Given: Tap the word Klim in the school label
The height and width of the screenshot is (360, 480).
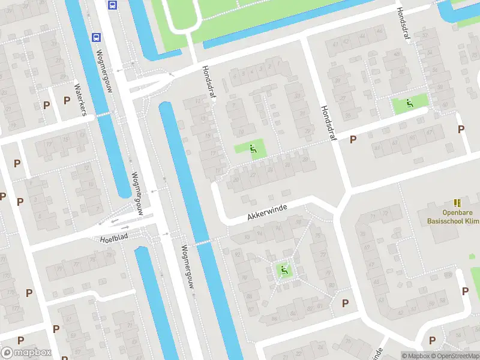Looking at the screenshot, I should (473, 221).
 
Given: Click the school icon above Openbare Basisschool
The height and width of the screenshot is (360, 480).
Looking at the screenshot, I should (458, 203).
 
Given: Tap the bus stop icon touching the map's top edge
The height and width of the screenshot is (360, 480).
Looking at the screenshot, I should (112, 5).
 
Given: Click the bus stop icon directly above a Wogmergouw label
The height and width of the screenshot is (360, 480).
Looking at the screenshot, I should (96, 37).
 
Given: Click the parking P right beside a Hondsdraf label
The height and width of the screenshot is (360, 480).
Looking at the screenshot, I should (353, 139).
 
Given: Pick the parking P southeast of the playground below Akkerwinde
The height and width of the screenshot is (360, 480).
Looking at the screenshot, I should (345, 303).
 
